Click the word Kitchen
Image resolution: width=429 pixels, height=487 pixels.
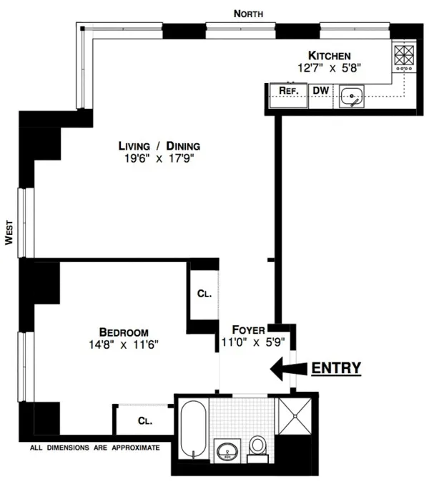click(329, 55)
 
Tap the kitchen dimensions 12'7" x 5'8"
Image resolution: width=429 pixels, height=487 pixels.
click(330, 68)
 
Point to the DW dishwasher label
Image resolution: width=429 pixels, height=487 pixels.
click(321, 91)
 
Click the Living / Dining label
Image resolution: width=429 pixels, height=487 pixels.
click(154, 146)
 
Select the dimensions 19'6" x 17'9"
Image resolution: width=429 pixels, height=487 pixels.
click(157, 159)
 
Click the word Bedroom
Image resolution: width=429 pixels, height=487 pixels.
click(124, 332)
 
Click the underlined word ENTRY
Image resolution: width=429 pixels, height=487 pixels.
click(335, 368)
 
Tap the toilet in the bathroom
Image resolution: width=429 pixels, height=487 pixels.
click(257, 446)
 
